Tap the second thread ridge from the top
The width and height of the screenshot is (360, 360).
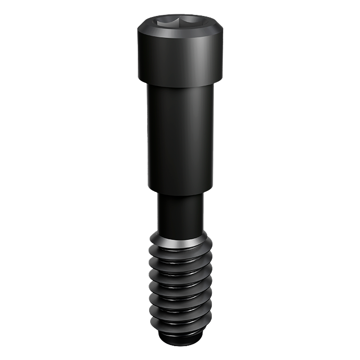tap(179, 262)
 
